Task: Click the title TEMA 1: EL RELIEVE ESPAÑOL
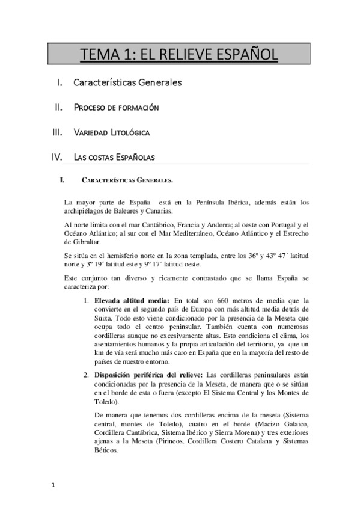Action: coord(179,55)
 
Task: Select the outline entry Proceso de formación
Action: coord(116,108)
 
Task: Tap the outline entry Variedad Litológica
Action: coord(111,132)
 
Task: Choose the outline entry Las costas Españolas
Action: coord(114,157)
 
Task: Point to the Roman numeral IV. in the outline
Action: coord(57,157)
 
